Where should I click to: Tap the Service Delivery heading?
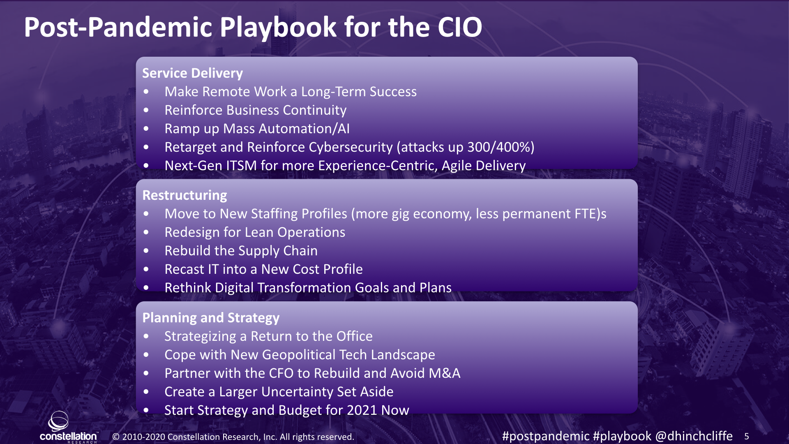[x=192, y=73]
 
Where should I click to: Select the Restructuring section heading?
[x=185, y=195]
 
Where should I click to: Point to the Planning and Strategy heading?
[x=211, y=318]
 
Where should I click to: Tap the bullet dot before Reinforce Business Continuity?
[x=146, y=110]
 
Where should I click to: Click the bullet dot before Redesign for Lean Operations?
[x=146, y=232]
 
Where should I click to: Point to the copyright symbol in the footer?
[x=116, y=437]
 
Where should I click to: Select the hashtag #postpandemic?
[x=546, y=436]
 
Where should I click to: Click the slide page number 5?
[x=747, y=437]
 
